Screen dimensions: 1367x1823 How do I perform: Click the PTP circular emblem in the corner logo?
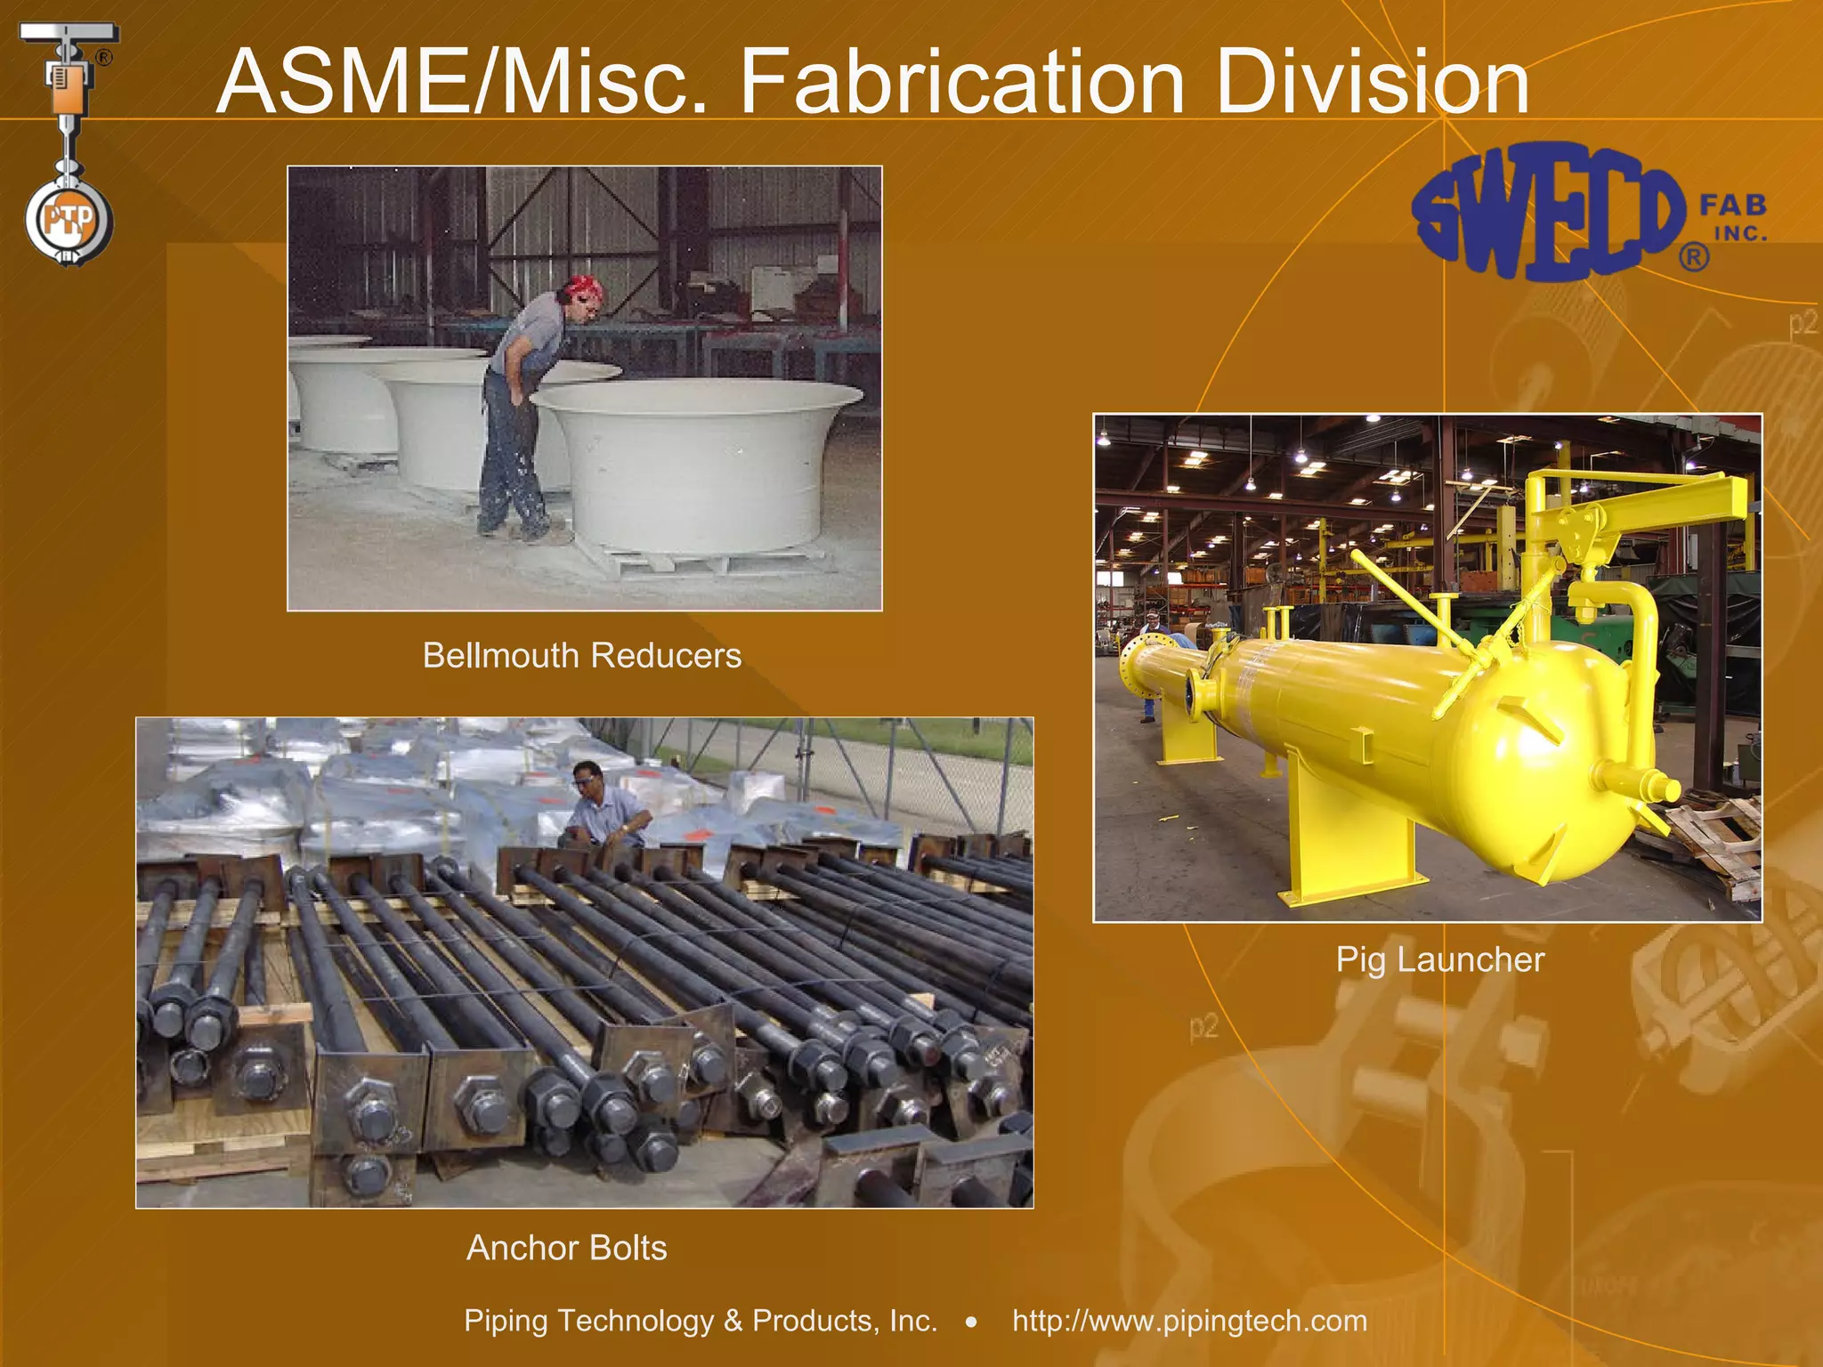(69, 219)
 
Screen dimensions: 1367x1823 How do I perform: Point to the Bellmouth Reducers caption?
(581, 656)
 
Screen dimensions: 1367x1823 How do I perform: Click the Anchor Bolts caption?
(566, 1248)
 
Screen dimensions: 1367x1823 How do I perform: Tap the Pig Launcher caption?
(1439, 959)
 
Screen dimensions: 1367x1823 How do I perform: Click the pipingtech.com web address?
(1189, 1321)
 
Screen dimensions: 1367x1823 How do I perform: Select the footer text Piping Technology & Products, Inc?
(701, 1321)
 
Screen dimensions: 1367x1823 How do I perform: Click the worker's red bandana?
(583, 287)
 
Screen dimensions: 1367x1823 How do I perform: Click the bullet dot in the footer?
(971, 1323)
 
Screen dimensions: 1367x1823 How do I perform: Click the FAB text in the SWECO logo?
(1732, 206)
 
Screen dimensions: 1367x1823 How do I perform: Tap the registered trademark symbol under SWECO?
(1693, 257)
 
